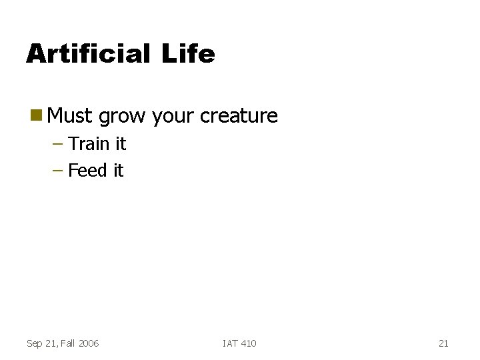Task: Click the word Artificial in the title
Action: (x=87, y=53)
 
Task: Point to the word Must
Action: (x=70, y=116)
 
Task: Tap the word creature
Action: (x=239, y=116)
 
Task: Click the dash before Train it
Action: (x=58, y=144)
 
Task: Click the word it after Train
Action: (x=119, y=144)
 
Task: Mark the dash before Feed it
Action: (x=58, y=171)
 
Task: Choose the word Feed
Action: (x=87, y=171)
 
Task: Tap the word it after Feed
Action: (x=117, y=171)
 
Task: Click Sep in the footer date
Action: (x=35, y=343)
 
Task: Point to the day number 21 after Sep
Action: (x=51, y=343)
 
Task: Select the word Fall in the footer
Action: (x=67, y=343)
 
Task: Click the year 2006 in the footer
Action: (x=89, y=343)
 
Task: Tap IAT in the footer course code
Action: (x=230, y=343)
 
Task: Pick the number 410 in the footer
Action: (x=248, y=343)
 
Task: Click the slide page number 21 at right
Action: (x=443, y=343)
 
